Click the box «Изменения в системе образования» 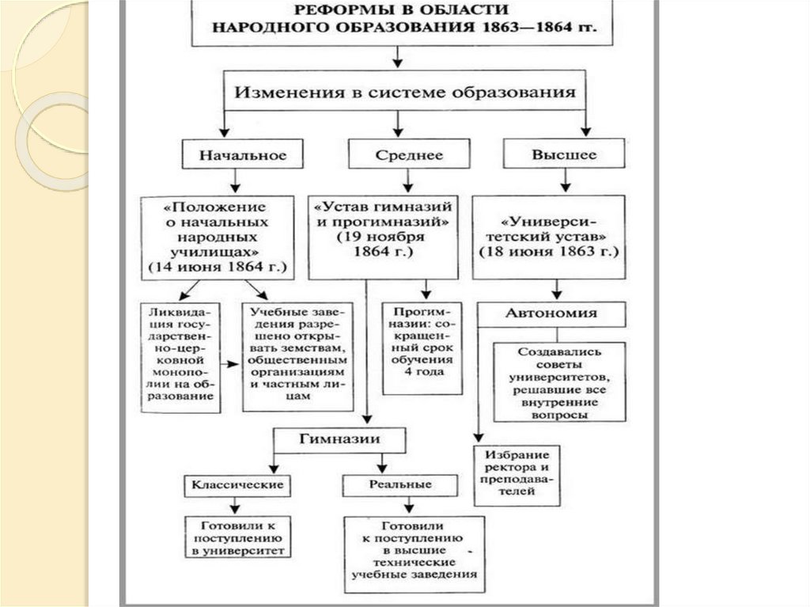[404, 91]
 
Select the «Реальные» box [400, 484]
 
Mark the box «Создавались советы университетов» [560, 381]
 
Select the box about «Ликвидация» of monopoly [180, 356]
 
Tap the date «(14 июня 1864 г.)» [215, 267]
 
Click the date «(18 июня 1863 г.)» [549, 251]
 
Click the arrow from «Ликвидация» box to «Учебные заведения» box [231, 363]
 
